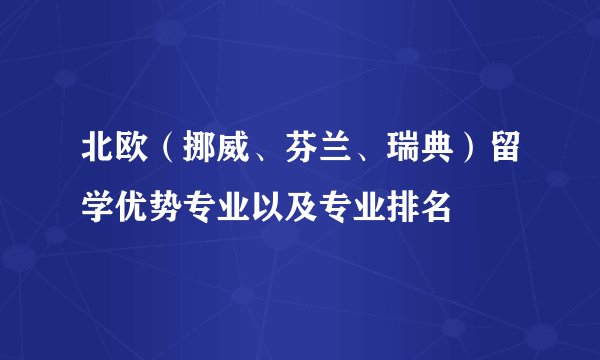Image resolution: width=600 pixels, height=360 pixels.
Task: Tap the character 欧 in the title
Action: click(134, 158)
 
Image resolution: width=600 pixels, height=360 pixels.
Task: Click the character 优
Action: click(134, 208)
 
